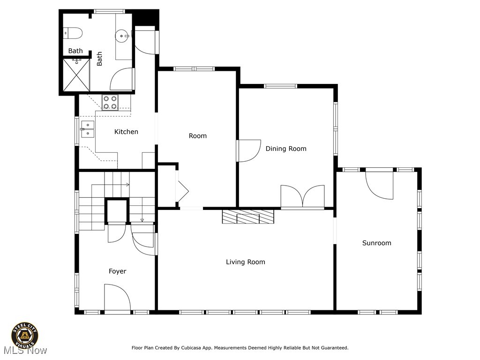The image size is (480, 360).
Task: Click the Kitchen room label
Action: tap(126, 132)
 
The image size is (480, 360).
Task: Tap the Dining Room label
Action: tap(286, 149)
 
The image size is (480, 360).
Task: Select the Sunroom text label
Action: tap(376, 243)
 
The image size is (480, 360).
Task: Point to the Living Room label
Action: tap(246, 262)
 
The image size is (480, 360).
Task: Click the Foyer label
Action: tap(118, 271)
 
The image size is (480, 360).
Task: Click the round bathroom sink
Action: tap(122, 36)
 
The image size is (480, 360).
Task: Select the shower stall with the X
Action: tap(76, 75)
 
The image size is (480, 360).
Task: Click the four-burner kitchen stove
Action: tap(110, 103)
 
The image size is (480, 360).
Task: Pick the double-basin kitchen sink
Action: tap(88, 129)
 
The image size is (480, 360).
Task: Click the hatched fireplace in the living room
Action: tap(248, 217)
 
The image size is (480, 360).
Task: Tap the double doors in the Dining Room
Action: tap(302, 196)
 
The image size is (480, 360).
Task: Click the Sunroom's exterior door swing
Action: tap(379, 185)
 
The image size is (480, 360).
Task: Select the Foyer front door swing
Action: tap(118, 297)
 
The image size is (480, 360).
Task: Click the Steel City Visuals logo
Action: tap(25, 336)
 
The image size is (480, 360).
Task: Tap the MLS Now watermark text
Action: tap(26, 351)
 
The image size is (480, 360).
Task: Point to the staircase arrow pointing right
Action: tap(110, 185)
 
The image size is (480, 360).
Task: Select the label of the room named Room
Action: tap(198, 135)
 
